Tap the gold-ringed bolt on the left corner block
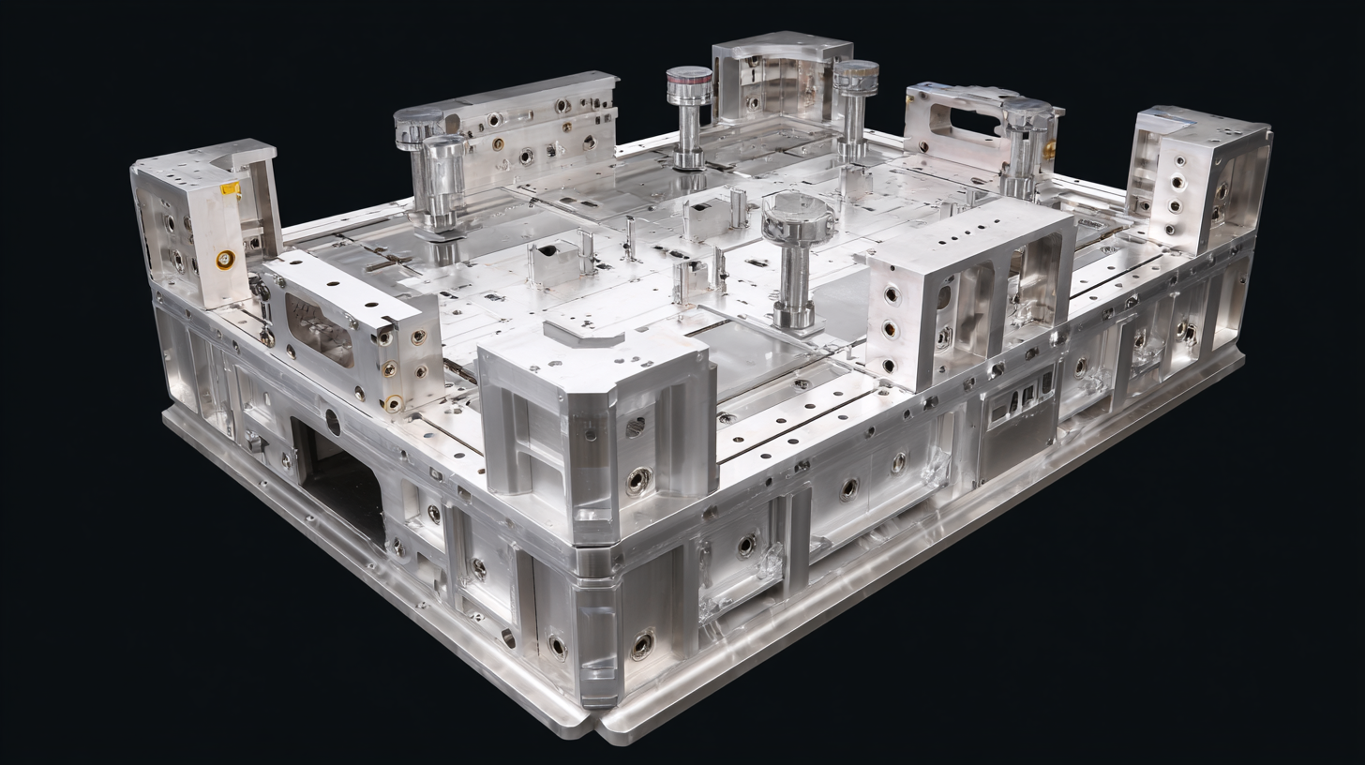(225, 259)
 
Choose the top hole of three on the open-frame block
(892, 294)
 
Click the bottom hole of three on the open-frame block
(889, 365)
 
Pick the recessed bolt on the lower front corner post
(643, 644)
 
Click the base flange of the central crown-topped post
(793, 320)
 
